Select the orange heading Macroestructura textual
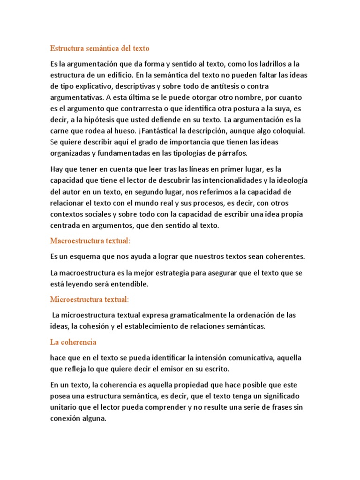[x=90, y=240]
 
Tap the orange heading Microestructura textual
[x=90, y=299]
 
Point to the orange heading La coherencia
[x=73, y=342]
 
